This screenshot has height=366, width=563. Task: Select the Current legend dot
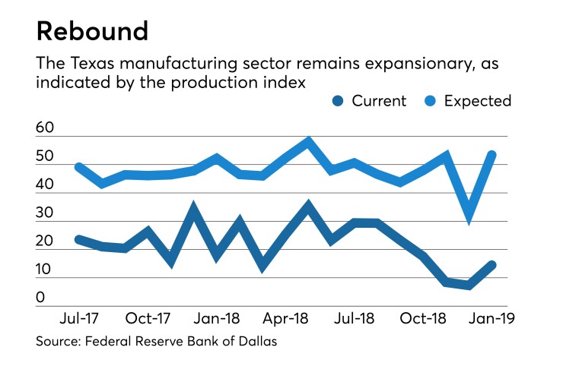(x=339, y=100)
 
